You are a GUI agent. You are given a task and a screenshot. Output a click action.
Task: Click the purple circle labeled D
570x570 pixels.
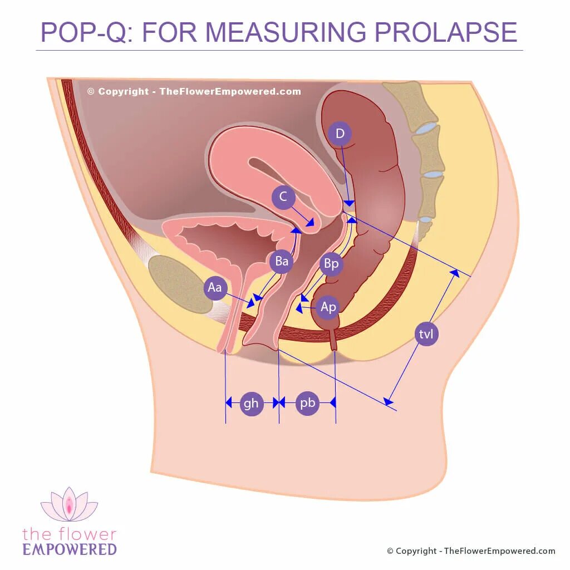pyautogui.click(x=340, y=134)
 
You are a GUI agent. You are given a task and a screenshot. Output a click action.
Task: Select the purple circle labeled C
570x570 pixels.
pyautogui.click(x=283, y=197)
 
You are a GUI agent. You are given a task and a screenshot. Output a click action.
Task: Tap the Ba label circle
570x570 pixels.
pyautogui.click(x=282, y=262)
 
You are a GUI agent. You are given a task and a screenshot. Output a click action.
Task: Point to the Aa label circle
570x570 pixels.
pyautogui.click(x=215, y=288)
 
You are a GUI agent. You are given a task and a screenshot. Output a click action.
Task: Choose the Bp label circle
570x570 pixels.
pyautogui.click(x=331, y=264)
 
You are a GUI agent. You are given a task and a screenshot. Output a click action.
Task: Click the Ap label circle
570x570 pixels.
pyautogui.click(x=328, y=307)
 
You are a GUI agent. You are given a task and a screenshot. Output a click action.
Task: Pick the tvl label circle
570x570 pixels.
pyautogui.click(x=426, y=334)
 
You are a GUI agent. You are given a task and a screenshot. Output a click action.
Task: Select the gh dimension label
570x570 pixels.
pyautogui.click(x=251, y=403)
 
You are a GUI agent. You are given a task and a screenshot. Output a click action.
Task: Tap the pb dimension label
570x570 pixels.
pyautogui.click(x=308, y=403)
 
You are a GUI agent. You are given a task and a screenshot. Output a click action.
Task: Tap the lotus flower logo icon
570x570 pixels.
pyautogui.click(x=69, y=504)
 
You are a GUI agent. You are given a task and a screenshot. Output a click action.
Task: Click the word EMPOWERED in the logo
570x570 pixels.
pyautogui.click(x=70, y=549)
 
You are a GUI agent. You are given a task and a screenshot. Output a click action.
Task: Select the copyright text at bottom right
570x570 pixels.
pyautogui.click(x=471, y=551)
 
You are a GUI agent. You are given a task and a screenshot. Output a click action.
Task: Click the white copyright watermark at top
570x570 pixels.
pyautogui.click(x=194, y=92)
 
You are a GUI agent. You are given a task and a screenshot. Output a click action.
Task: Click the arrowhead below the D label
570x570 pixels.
pyautogui.click(x=348, y=203)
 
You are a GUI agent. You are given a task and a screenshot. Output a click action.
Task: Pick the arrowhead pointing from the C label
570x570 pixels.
pyautogui.click(x=310, y=222)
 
